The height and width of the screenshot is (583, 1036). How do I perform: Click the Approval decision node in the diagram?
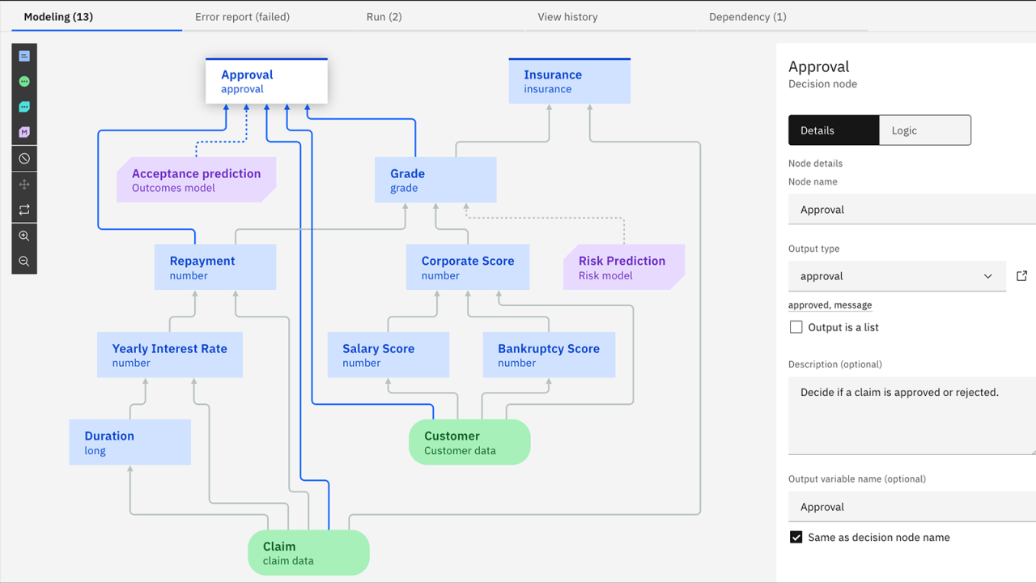[x=266, y=81]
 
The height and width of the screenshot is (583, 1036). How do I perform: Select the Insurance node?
[x=569, y=81]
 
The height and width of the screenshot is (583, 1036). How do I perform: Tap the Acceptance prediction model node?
[x=196, y=180]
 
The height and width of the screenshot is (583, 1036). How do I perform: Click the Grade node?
[x=435, y=180]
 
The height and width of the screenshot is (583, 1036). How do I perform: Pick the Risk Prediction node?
[x=623, y=267]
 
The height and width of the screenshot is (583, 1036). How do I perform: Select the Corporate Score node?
[x=468, y=267]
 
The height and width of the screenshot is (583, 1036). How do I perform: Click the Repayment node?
[x=214, y=267]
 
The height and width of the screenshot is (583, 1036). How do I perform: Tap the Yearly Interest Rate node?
[x=169, y=355]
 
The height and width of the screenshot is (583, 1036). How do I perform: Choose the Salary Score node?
[x=388, y=355]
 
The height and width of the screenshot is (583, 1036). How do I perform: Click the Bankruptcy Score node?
[x=549, y=355]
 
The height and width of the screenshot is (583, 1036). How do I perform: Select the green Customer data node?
[x=469, y=442]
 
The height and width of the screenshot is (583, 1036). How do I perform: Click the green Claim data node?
[x=308, y=553]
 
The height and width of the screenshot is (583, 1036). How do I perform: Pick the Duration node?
[x=129, y=442]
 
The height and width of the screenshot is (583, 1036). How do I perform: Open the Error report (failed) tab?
[x=242, y=16]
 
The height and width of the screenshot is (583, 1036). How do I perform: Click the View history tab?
[x=567, y=16]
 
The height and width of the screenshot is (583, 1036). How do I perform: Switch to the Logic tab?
[x=924, y=130]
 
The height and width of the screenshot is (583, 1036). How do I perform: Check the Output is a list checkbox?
[x=796, y=327]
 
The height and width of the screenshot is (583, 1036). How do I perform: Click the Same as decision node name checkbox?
[x=796, y=537]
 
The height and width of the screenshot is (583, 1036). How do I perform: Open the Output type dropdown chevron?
[x=987, y=276]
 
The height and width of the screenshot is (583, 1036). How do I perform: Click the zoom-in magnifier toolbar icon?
[x=24, y=236]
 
